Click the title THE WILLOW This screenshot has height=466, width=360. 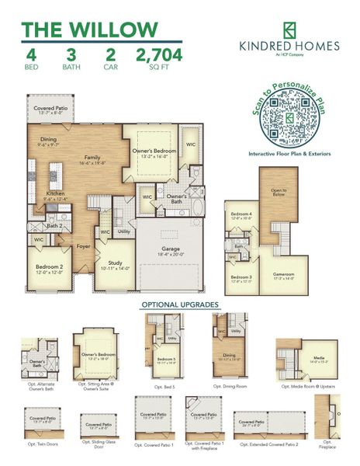89,29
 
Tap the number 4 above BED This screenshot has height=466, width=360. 31,54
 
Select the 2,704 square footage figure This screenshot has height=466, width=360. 160,54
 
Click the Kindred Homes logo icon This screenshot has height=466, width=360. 289,30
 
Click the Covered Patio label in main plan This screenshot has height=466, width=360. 48,106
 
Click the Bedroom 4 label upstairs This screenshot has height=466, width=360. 241,215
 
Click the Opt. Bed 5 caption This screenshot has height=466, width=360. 164,385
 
